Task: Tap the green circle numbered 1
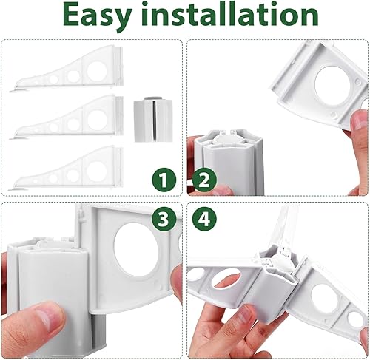pos(164,180)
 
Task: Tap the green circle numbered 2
pos(204,180)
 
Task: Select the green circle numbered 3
pos(164,219)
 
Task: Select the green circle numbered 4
pos(204,219)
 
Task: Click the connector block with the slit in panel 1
pos(152,120)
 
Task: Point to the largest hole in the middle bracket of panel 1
pos(97,120)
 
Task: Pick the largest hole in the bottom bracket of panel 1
pos(96,171)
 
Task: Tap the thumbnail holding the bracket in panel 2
pos(360,120)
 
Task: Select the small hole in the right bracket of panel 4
pos(354,320)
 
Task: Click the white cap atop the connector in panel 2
pos(223,139)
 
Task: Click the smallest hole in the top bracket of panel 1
pos(36,83)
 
